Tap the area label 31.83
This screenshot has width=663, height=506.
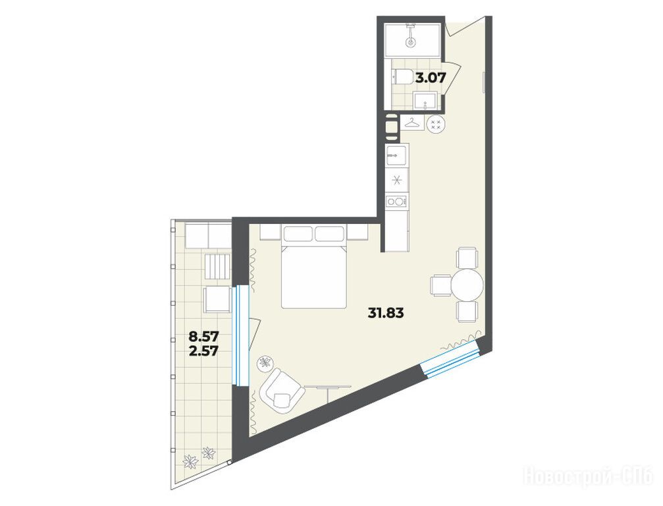click(x=386, y=313)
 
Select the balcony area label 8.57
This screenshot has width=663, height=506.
click(x=203, y=337)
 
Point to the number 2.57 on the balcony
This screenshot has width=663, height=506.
click(x=203, y=351)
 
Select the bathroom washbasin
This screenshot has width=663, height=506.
click(x=425, y=100)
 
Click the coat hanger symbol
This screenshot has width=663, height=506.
click(x=412, y=123)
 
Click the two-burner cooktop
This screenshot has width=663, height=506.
click(x=396, y=201)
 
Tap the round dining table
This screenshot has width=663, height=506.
click(x=467, y=285)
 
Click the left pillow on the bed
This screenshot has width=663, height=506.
click(x=298, y=233)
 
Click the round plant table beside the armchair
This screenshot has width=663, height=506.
click(x=266, y=362)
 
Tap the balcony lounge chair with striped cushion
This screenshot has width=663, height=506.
click(x=217, y=267)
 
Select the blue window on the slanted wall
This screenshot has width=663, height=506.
click(x=451, y=359)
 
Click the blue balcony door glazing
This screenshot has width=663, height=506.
click(x=242, y=335)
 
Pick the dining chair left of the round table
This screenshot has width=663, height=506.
click(x=440, y=285)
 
